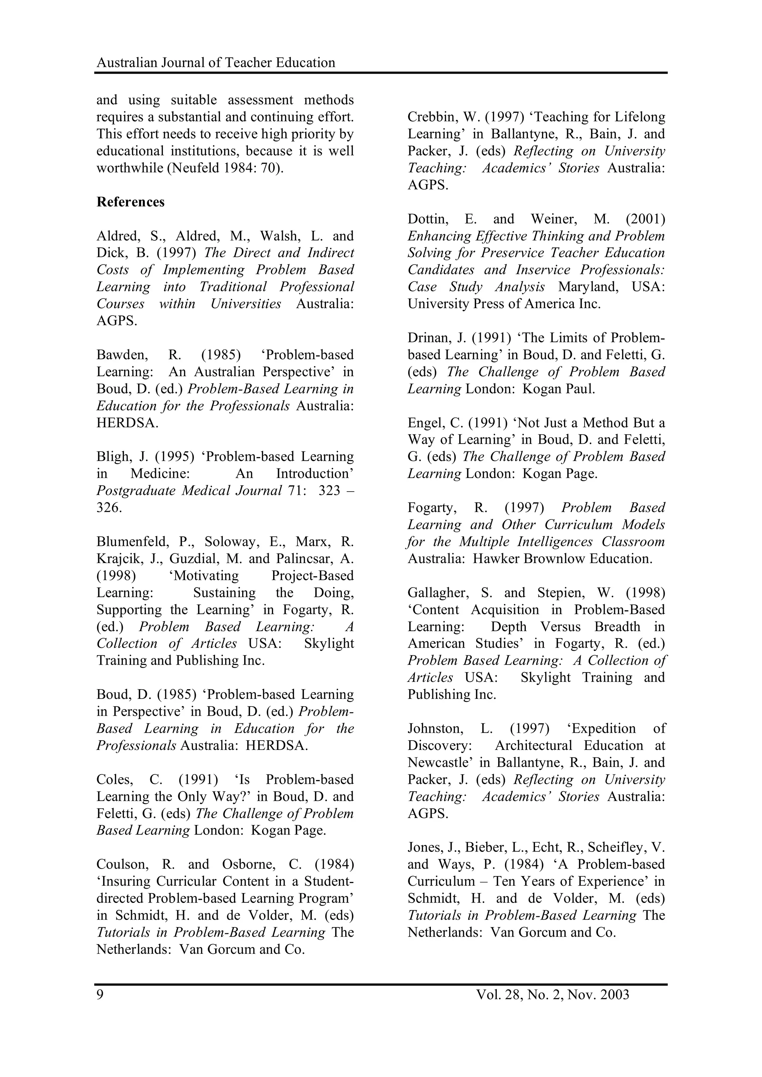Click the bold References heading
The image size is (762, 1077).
coord(131,202)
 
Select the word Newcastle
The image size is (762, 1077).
coord(438,763)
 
